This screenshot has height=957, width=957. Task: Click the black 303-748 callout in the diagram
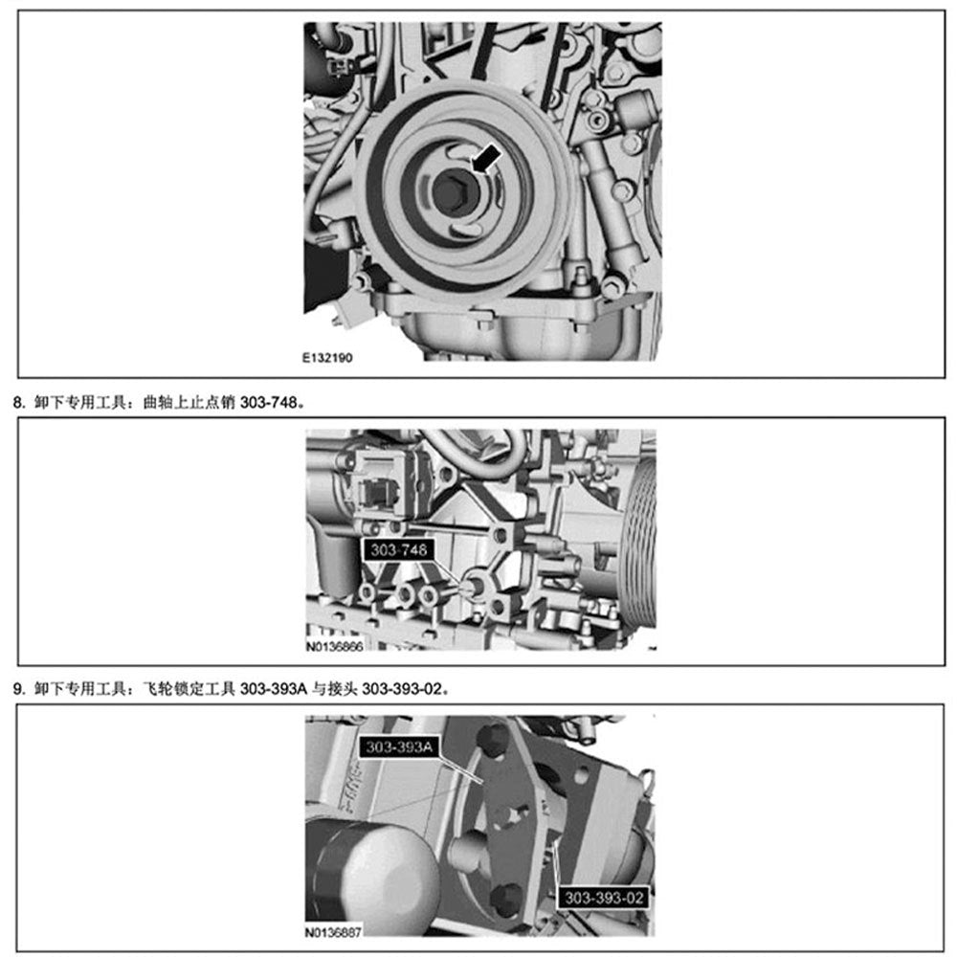[395, 549]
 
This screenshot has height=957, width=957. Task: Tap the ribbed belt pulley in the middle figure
[639, 541]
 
